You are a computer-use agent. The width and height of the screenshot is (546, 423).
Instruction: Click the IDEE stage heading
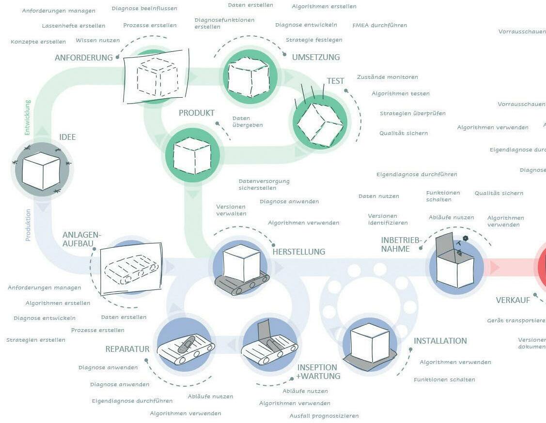(x=67, y=137)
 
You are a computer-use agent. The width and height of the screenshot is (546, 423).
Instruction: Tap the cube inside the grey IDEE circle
(x=42, y=171)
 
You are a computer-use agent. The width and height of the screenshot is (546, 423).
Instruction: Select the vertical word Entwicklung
(x=28, y=117)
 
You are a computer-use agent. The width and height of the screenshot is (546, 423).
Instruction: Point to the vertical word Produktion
(x=28, y=225)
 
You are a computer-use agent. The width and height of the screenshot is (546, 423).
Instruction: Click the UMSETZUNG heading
(x=315, y=57)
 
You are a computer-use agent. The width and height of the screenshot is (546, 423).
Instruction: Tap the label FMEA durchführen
(x=379, y=25)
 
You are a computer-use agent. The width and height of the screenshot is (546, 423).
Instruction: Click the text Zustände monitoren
(x=387, y=77)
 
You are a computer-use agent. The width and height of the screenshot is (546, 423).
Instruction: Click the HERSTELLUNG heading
(x=298, y=252)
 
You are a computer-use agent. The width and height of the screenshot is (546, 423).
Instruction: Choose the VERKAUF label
(x=513, y=301)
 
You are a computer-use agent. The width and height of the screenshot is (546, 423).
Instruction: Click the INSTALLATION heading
(x=440, y=341)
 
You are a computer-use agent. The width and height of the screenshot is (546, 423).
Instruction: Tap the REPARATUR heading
(x=127, y=349)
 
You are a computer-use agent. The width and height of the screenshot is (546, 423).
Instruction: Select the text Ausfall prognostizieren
(x=324, y=416)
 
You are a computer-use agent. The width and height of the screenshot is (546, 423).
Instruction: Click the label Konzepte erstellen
(x=38, y=42)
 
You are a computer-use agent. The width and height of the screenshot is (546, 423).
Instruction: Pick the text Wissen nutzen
(x=97, y=40)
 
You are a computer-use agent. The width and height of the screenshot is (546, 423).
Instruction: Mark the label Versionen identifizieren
(x=388, y=219)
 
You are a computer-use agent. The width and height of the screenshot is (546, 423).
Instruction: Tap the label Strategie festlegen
(x=314, y=40)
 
